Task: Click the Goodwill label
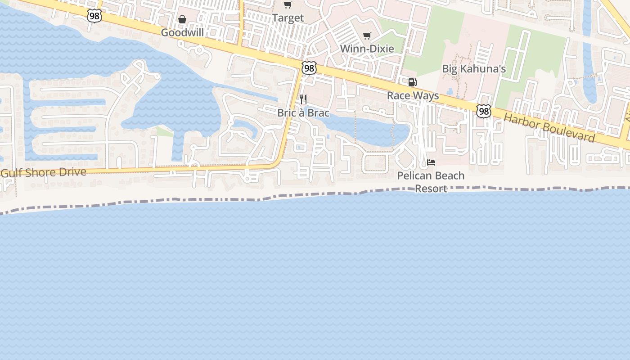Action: click(x=182, y=32)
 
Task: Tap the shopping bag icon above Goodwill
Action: click(x=182, y=19)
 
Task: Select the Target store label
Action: click(x=288, y=18)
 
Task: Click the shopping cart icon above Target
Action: click(x=288, y=5)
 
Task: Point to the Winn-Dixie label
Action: click(x=367, y=49)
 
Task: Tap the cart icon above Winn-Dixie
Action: click(x=367, y=36)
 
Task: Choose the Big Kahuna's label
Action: click(x=474, y=69)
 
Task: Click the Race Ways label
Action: click(x=413, y=95)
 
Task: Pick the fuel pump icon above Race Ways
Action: click(x=412, y=82)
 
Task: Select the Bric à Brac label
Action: click(x=303, y=112)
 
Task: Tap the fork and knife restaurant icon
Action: click(x=303, y=99)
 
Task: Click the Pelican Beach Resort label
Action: click(x=431, y=182)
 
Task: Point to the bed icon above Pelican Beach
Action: click(x=431, y=162)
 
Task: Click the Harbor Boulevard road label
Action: click(x=549, y=128)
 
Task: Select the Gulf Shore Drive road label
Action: click(x=44, y=172)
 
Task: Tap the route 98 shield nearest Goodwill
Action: click(x=94, y=16)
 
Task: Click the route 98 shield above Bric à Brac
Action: click(x=309, y=68)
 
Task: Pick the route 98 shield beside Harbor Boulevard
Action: click(x=484, y=111)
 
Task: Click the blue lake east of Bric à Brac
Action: click(x=364, y=128)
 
